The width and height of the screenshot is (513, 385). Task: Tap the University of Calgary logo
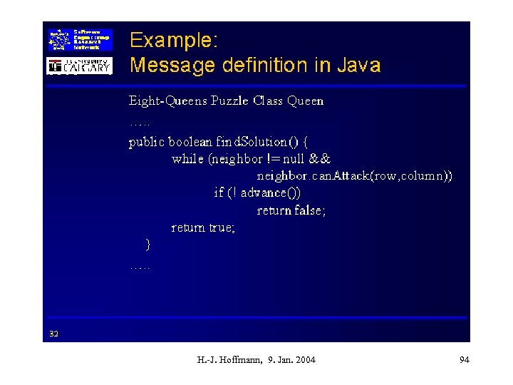[x=79, y=66]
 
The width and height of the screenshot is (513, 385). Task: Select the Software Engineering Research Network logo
[x=79, y=40]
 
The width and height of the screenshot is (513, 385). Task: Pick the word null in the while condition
[x=293, y=159]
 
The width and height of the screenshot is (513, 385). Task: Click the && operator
[x=321, y=159]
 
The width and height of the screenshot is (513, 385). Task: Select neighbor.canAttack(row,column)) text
[x=354, y=176]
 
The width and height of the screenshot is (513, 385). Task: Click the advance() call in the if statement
[x=270, y=193]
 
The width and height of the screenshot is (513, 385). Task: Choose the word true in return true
[x=221, y=228]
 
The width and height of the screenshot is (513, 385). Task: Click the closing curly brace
[x=147, y=245]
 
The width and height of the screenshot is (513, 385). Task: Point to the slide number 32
[x=54, y=333]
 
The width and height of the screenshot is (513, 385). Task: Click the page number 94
[x=465, y=360]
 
